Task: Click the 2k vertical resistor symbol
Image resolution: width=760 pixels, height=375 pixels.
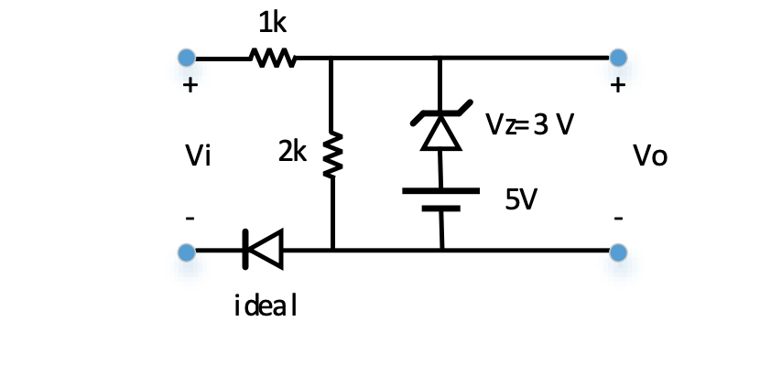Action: (332, 153)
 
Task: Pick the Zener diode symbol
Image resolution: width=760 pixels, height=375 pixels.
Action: (441, 128)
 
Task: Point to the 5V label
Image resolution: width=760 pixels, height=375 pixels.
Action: (520, 199)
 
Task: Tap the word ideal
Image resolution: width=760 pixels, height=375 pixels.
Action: (266, 305)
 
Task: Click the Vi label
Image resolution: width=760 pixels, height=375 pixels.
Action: (198, 157)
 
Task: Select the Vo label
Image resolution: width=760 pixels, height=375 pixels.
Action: (650, 157)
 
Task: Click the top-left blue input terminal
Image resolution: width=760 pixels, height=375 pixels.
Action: (187, 59)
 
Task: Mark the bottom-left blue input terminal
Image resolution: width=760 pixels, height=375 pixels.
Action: (187, 251)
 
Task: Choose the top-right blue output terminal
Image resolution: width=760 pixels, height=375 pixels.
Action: (618, 59)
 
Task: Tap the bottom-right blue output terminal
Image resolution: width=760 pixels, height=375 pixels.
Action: (618, 251)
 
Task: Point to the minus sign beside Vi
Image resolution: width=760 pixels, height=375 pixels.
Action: (190, 219)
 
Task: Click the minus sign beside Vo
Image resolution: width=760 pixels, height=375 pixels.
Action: (619, 219)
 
